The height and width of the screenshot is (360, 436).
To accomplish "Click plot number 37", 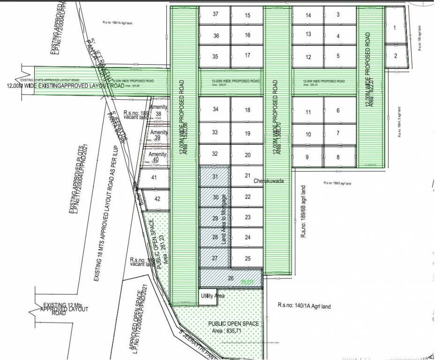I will point(215,14).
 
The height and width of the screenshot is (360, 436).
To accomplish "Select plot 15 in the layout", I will point(248,15).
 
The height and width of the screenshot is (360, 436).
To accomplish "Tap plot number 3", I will point(338,15).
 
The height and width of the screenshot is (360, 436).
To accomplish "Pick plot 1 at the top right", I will point(394,28).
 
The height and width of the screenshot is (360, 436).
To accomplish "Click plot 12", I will point(308,57).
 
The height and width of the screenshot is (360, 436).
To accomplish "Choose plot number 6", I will point(338,111).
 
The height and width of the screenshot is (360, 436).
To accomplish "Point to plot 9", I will point(307,157).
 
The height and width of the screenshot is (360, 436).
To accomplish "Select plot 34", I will point(215,109).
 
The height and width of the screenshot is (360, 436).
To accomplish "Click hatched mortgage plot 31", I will point(215,176).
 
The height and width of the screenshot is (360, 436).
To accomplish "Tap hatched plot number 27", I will point(215,258).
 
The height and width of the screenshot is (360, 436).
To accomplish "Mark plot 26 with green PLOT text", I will point(231,278).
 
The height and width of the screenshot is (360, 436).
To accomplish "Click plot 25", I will point(248,258).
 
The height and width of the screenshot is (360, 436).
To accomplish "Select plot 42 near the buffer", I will point(158,198).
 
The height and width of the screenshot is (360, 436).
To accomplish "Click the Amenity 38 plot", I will point(158,111).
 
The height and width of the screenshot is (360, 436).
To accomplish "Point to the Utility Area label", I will point(213,296).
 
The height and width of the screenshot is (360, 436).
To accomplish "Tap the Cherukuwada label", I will point(269,180).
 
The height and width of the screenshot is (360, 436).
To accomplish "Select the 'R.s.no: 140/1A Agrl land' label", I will point(304,306).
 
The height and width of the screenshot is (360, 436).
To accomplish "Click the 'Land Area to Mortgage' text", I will point(224,219).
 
